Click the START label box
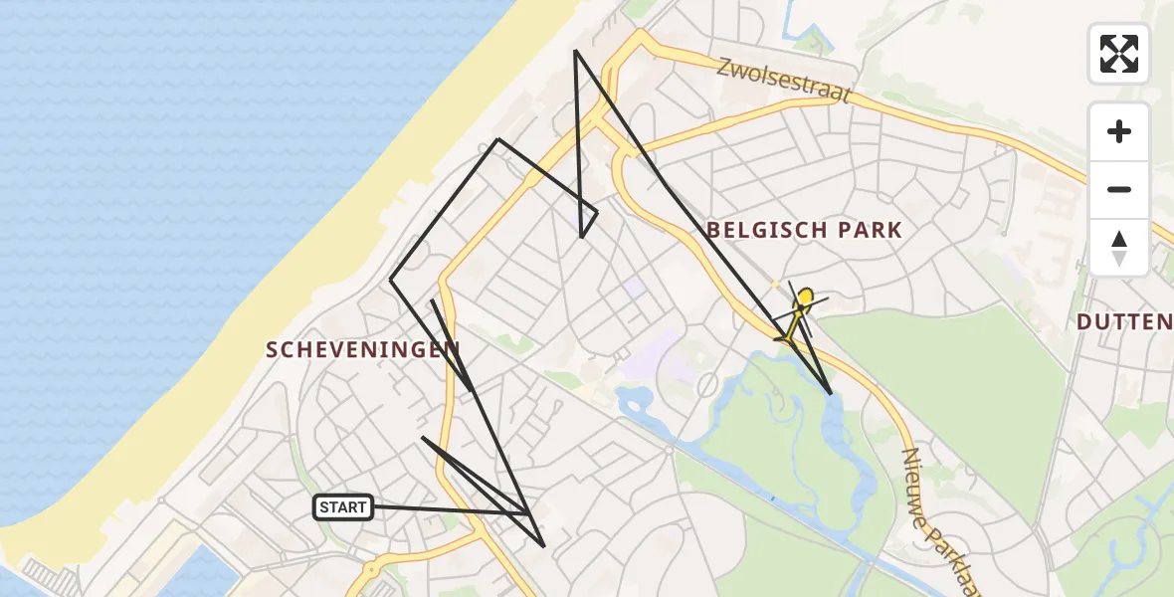344,507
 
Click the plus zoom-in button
1119,131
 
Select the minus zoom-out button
1119,189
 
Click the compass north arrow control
1119,248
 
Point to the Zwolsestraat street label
785,81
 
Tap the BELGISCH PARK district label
804,231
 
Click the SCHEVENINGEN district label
363,348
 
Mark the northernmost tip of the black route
576,51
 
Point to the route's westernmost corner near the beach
391,279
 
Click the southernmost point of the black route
543,545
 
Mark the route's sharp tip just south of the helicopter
831,393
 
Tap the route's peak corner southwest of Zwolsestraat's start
498,139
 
